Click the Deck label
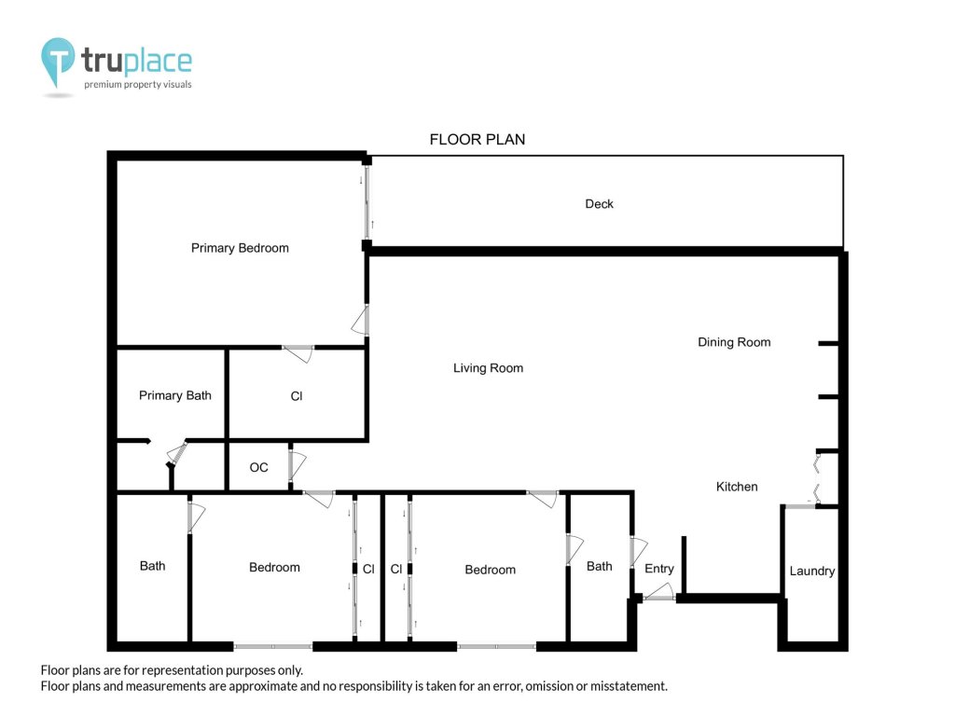click(599, 204)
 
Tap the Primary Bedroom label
click(240, 248)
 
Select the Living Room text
click(488, 367)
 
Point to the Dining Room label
click(734, 342)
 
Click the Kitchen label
click(737, 487)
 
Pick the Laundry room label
click(812, 571)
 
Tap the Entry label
click(659, 569)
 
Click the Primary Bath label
click(174, 395)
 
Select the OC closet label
click(259, 467)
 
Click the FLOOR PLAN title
click(477, 140)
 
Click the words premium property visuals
click(138, 84)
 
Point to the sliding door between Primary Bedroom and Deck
click(367, 202)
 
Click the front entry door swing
click(660, 592)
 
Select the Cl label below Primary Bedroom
click(297, 396)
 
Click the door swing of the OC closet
click(297, 465)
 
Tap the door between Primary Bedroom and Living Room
click(361, 321)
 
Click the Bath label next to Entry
click(600, 566)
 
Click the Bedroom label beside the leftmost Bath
click(275, 568)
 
